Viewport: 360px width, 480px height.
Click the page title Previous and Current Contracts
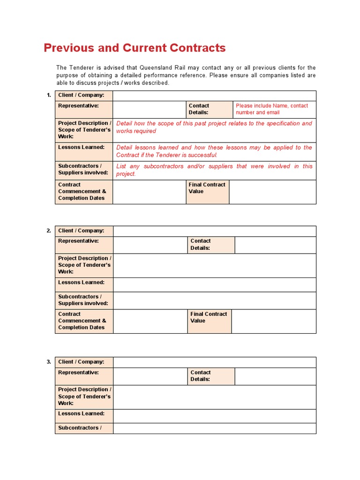coord(135,48)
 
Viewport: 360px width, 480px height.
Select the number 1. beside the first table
coord(49,95)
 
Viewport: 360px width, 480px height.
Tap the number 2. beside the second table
coord(49,231)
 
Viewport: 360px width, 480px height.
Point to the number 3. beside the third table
coord(49,362)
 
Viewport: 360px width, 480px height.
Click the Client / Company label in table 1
coord(81,95)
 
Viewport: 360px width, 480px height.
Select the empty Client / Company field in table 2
coord(215,231)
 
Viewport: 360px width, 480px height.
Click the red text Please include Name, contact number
coord(272,109)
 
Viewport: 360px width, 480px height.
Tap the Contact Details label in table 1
coord(199,109)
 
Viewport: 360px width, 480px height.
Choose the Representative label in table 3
coord(78,373)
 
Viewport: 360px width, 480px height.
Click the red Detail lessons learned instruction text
coord(214,151)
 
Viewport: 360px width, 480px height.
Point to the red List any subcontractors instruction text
coord(214,170)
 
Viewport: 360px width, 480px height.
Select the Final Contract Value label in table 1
coord(207,188)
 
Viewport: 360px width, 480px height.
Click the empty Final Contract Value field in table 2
coord(274,321)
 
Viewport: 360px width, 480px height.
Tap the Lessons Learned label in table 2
coord(81,283)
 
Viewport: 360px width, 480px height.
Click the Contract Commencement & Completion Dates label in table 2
coord(82,321)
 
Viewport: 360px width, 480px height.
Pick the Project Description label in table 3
coord(84,396)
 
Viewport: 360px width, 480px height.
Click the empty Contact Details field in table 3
coord(275,376)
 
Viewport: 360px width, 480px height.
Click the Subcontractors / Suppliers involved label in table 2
coord(83,300)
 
